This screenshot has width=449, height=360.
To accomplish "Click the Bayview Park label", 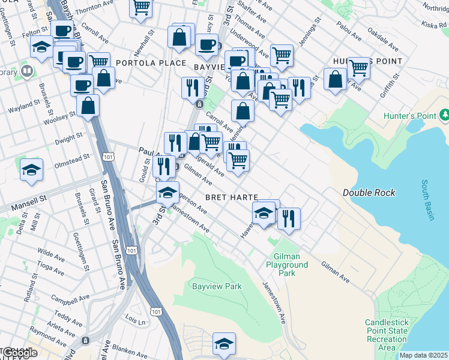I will coord(217,286).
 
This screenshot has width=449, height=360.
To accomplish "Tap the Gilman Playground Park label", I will coord(288,265).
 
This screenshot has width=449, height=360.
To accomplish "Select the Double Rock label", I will coord(369,193).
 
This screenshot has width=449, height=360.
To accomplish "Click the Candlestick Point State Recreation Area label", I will coord(387,335).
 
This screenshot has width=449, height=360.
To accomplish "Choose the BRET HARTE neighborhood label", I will coord(231,197).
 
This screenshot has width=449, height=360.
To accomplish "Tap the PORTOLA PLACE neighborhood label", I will coord(143,62).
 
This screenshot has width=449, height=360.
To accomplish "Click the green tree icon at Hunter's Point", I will coord(444,114).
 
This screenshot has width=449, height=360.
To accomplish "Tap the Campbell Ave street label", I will coord(62,298).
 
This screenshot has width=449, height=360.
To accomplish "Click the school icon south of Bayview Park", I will coord(224,343).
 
